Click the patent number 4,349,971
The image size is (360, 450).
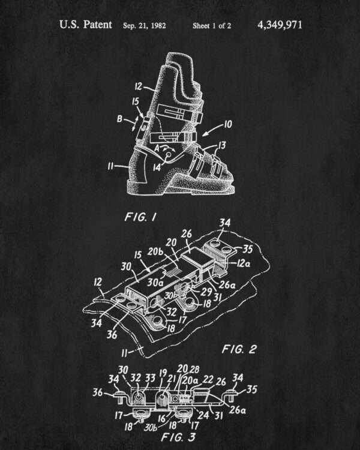click(280, 25)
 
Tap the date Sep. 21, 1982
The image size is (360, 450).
click(145, 26)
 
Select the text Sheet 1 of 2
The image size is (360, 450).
click(212, 26)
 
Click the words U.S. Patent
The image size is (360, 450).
click(86, 25)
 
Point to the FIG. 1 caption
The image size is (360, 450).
click(140, 217)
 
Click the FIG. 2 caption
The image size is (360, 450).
click(239, 349)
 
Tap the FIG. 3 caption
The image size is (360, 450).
click(178, 437)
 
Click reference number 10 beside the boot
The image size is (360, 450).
click(227, 124)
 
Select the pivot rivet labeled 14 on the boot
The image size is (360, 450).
click(169, 155)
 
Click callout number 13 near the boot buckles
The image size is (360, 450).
click(222, 145)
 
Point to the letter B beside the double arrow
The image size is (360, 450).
click(120, 119)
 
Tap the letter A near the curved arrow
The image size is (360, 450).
click(157, 148)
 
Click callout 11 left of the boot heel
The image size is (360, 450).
click(111, 166)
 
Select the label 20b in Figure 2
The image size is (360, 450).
click(155, 251)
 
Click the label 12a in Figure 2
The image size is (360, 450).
click(243, 263)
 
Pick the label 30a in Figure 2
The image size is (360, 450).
click(155, 283)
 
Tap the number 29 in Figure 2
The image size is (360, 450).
click(206, 292)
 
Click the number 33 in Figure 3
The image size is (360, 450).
click(150, 378)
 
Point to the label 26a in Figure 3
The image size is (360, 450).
click(238, 410)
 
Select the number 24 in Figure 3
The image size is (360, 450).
click(203, 415)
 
